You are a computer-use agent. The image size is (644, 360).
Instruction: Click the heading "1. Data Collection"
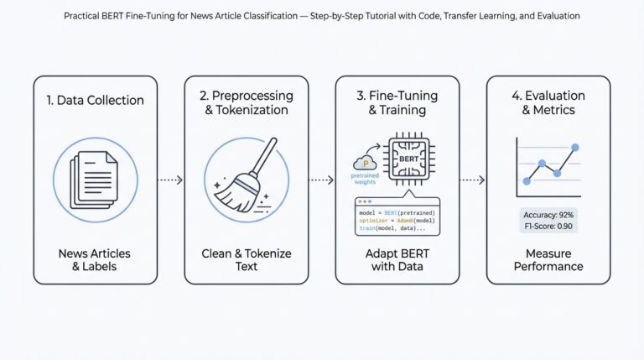[95, 101]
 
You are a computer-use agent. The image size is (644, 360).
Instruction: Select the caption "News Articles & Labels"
[95, 259]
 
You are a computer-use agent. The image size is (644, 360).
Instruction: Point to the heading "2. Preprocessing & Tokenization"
[246, 102]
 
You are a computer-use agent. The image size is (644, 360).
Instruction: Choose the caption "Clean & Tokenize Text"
[246, 259]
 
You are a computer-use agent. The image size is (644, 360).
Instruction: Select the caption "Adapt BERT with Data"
[397, 259]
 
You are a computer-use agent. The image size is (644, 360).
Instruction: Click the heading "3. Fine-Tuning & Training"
[397, 102]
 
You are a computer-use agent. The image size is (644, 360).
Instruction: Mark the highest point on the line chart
[575, 148]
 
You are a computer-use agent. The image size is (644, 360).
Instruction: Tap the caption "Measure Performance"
[548, 259]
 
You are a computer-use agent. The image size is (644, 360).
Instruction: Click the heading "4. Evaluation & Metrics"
[548, 102]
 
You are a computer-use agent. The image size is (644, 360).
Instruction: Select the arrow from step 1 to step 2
[170, 180]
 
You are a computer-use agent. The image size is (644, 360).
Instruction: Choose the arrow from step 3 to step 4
[473, 180]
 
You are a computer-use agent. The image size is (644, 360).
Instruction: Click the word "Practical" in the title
[82, 16]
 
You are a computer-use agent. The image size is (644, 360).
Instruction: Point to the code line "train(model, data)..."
[392, 228]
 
